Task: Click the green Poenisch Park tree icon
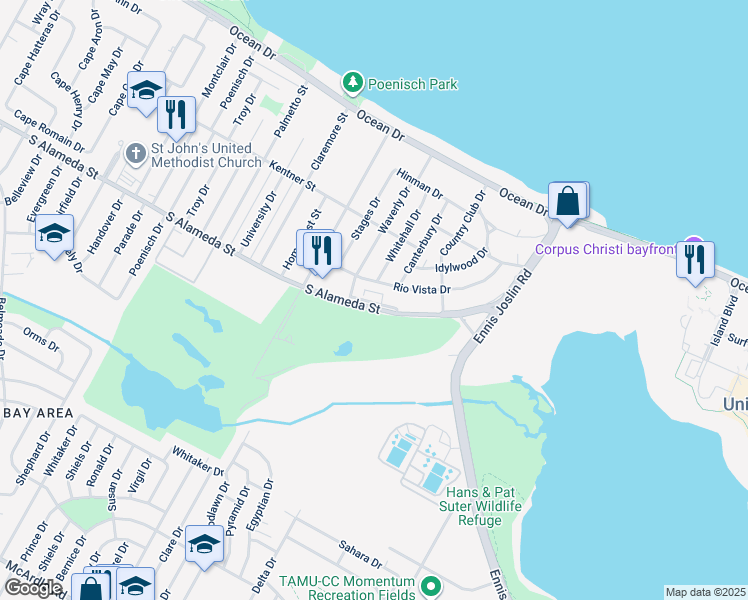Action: tap(351, 82)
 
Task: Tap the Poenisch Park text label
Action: tap(411, 84)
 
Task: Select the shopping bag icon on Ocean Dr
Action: tap(567, 200)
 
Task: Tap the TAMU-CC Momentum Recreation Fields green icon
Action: tap(431, 586)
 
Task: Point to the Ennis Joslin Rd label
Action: tap(495, 311)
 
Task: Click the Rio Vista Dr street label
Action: tap(422, 289)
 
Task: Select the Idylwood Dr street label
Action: tap(460, 267)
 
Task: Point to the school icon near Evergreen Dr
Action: tap(52, 235)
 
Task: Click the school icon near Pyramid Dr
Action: tap(204, 546)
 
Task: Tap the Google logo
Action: tap(32, 587)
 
